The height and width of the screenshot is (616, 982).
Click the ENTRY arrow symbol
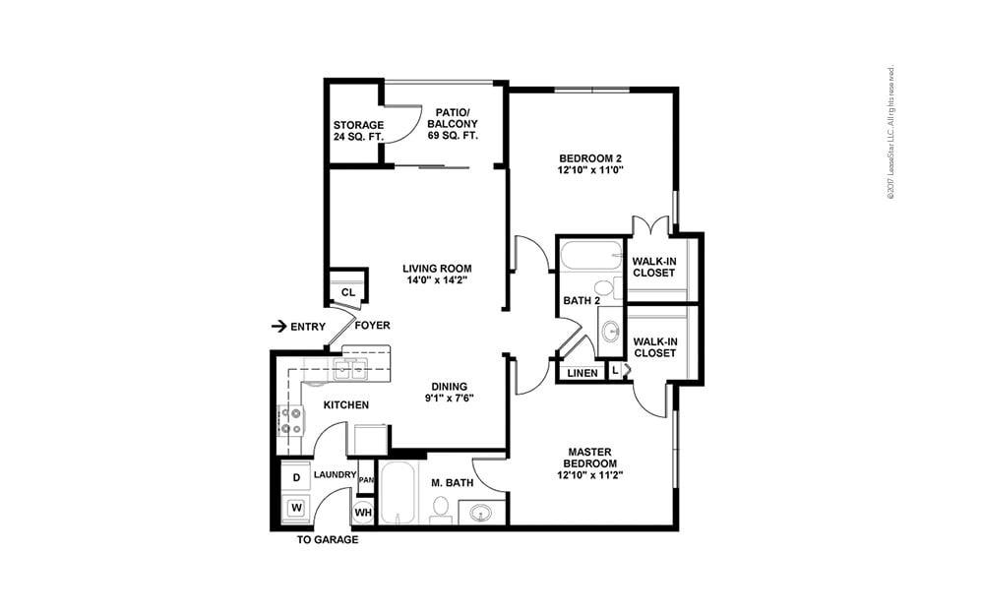tap(278, 326)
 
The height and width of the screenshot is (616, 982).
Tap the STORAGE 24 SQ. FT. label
tap(358, 131)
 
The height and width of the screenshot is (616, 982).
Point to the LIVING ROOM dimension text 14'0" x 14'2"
tap(437, 280)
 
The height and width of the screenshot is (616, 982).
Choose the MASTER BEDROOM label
tap(590, 463)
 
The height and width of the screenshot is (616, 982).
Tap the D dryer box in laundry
tap(296, 477)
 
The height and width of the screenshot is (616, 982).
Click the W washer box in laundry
tap(296, 509)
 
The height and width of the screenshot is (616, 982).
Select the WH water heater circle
tap(363, 512)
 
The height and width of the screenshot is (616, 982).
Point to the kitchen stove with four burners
tap(291, 421)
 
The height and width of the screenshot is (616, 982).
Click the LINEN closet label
tap(583, 373)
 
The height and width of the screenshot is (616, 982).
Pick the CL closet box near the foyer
tap(347, 292)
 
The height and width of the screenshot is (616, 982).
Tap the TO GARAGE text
tap(328, 540)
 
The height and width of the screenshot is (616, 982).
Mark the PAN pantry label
tap(366, 479)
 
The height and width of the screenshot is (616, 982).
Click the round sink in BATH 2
tap(610, 330)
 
